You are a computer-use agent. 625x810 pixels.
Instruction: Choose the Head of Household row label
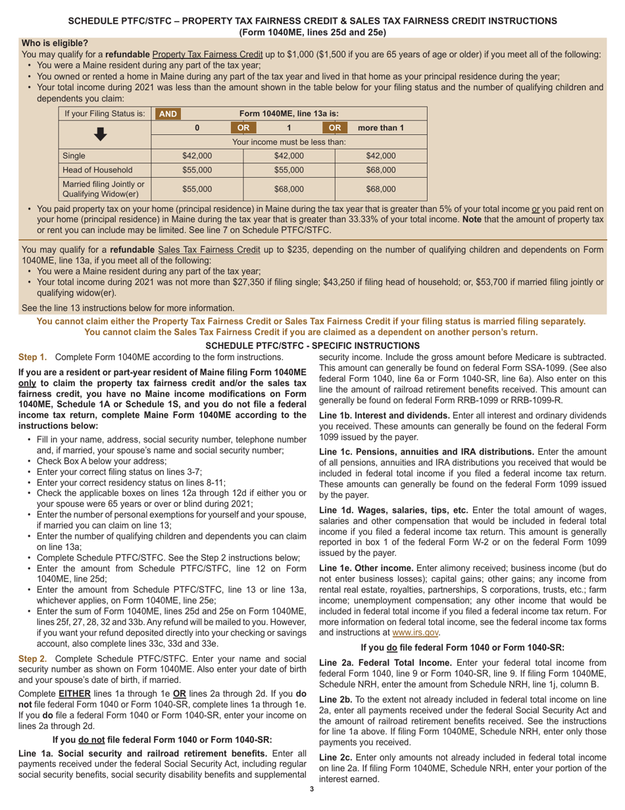click(x=93, y=170)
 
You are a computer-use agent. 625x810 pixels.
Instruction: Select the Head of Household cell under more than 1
click(x=380, y=170)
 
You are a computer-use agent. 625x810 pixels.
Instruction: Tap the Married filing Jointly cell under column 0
click(x=197, y=188)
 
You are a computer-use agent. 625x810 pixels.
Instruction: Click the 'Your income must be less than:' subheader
click(x=288, y=142)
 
